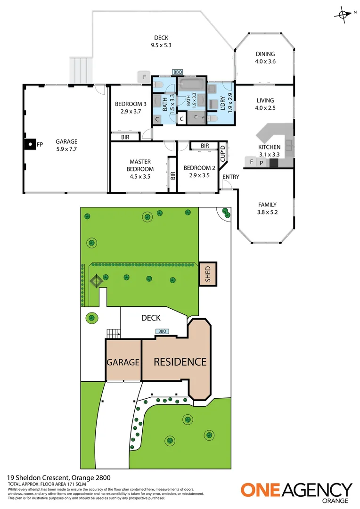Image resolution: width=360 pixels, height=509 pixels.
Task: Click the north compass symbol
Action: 342,14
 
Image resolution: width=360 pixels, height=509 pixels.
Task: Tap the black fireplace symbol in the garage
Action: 29,145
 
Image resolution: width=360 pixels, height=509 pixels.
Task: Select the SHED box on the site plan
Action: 208,273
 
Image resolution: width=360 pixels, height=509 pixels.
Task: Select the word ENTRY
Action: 231,177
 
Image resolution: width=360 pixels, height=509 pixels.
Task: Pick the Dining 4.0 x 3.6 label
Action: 265,57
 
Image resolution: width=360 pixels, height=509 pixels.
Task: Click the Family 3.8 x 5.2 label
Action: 267,208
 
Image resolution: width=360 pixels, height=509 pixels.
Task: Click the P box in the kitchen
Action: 262,163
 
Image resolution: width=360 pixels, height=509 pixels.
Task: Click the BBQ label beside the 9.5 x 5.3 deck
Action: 177,72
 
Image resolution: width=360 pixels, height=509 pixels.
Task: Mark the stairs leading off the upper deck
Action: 80,70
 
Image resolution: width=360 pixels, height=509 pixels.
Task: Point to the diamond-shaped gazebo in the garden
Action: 96,282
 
